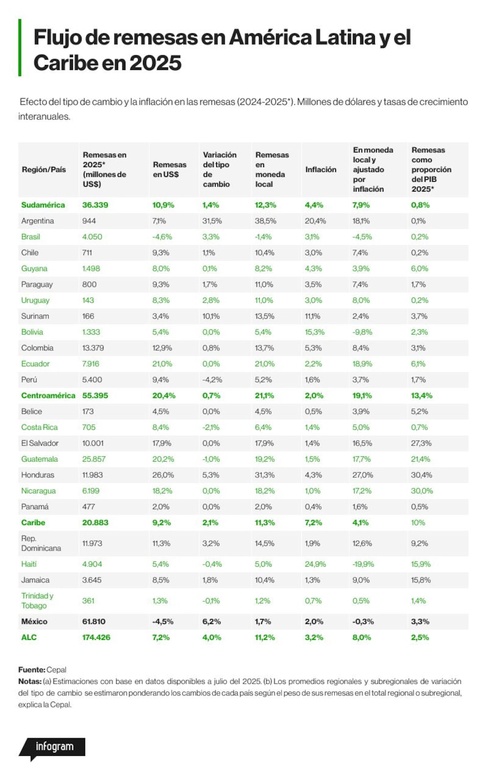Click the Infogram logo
(x=52, y=747)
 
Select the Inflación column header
(x=321, y=170)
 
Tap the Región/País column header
(x=44, y=170)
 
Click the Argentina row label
(x=38, y=221)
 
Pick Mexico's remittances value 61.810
(x=94, y=622)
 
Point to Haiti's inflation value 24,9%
(x=315, y=564)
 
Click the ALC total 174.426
(x=96, y=637)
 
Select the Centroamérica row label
(x=48, y=395)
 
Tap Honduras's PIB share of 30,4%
(x=422, y=475)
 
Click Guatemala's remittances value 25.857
(x=94, y=459)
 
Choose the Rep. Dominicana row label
(x=41, y=543)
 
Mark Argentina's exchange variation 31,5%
(x=212, y=221)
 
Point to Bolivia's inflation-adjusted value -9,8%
(x=363, y=332)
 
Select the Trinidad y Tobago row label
(x=37, y=600)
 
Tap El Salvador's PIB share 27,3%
(x=421, y=443)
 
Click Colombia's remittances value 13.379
(x=93, y=348)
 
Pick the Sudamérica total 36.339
(x=95, y=205)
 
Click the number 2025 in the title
(x=156, y=63)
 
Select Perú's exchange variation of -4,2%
(x=212, y=380)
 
